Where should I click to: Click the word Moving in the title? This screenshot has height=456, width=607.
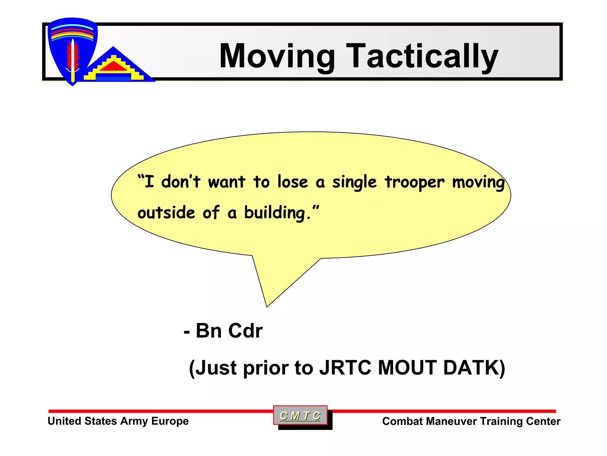277,56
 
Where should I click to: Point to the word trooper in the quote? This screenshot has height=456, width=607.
415,182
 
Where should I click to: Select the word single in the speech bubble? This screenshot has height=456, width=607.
354,182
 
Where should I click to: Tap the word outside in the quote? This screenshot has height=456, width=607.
166,213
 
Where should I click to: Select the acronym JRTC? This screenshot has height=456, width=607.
345,368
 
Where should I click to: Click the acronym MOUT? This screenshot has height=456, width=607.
407,368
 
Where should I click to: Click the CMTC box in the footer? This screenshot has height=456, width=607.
300,415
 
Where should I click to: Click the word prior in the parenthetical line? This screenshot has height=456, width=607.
266,368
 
